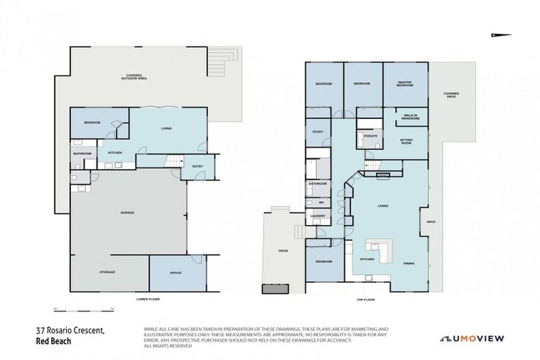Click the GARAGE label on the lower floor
pyautogui.click(x=127, y=212)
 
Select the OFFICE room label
pyautogui.click(x=176, y=273)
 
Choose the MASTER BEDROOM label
pyautogui.click(x=404, y=84)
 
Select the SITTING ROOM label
pyautogui.click(x=406, y=141)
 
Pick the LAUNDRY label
pyautogui.click(x=316, y=216)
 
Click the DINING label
pyautogui.click(x=408, y=264)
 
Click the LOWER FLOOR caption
pyautogui.click(x=148, y=300)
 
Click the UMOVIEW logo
pyautogui.click(x=472, y=338)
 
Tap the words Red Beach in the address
pyautogui.click(x=53, y=342)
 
